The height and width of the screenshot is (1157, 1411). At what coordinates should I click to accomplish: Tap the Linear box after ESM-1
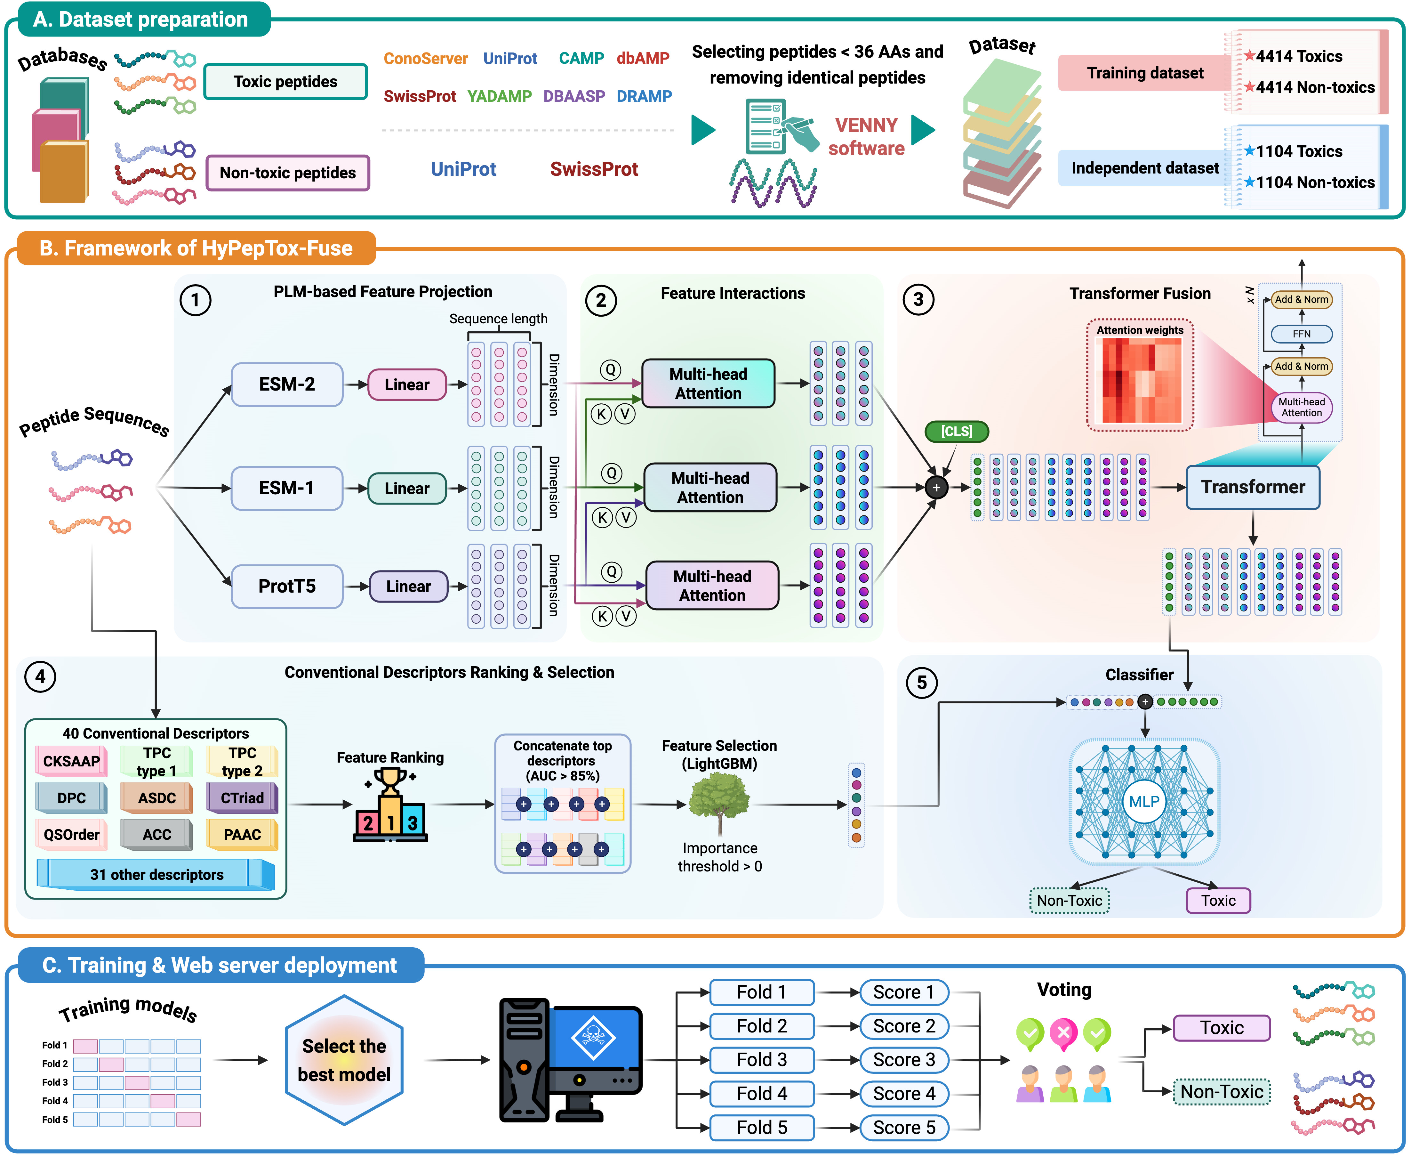(x=406, y=489)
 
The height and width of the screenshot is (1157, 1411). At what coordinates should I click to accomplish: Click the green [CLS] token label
(x=956, y=431)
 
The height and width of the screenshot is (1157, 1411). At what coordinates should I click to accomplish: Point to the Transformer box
(x=1253, y=487)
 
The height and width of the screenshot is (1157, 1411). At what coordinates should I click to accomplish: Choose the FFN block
(x=1301, y=334)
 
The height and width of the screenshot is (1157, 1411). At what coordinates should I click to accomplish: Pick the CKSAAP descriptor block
(x=71, y=761)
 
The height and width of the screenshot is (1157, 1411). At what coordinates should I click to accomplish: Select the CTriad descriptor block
(x=242, y=798)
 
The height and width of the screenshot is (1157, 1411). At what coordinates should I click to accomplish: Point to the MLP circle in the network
(x=1144, y=801)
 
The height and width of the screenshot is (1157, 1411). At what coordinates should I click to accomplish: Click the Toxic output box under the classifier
(x=1218, y=901)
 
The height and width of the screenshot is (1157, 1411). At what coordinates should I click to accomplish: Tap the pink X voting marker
(x=1063, y=1033)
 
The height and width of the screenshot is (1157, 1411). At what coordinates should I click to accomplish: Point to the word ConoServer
(x=426, y=59)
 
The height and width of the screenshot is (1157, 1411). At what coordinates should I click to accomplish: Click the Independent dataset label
(x=1144, y=168)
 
